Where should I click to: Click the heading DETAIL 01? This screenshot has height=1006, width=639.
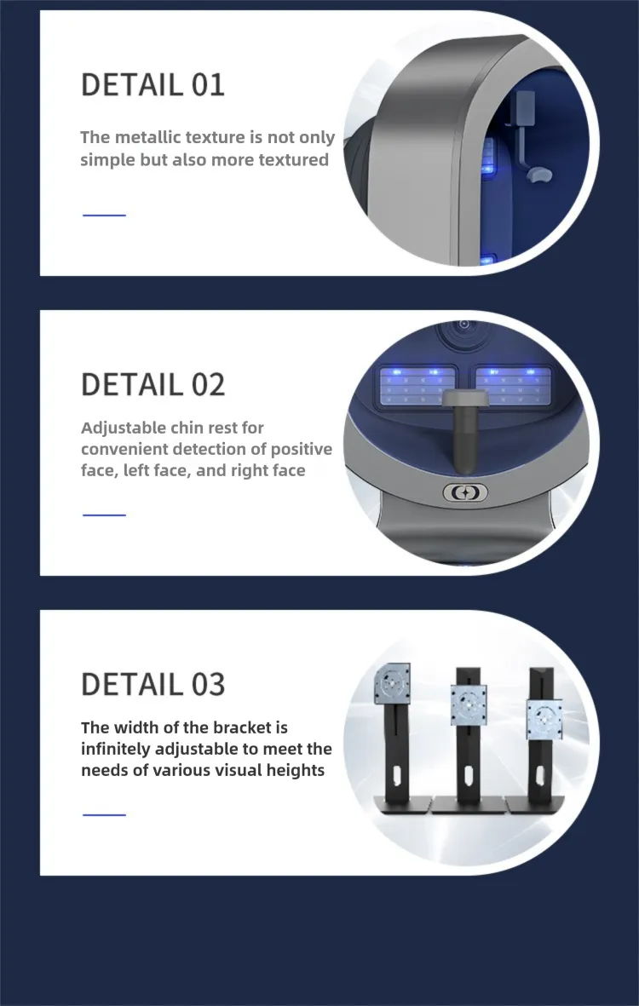[x=153, y=84]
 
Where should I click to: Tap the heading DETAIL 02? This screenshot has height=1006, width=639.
[x=153, y=384]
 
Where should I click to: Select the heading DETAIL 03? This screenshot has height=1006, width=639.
[x=153, y=684]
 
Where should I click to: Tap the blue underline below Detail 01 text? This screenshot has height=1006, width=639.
[x=104, y=215]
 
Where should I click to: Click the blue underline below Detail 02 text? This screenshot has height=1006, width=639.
[x=104, y=514]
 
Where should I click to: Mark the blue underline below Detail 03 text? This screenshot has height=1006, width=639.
[x=104, y=814]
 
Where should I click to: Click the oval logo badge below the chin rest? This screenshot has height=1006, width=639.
[x=465, y=492]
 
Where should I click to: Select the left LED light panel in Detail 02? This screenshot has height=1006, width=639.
[x=417, y=386]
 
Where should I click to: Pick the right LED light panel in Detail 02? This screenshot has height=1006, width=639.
[x=513, y=386]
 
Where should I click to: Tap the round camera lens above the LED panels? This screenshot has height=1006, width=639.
[x=463, y=327]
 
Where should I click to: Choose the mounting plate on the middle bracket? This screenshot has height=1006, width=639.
[x=469, y=704]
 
